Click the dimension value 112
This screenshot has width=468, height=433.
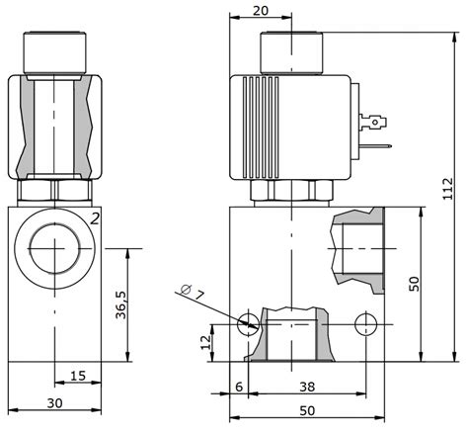448,189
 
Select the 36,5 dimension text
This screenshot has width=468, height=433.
121,305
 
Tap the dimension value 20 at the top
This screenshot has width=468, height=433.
261,11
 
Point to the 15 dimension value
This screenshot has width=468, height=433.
78,376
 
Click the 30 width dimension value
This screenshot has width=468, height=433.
54,403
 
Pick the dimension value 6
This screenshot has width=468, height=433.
239,387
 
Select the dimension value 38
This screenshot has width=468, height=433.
307,387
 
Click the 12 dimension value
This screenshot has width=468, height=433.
206,342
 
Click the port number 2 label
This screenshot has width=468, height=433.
95,218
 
